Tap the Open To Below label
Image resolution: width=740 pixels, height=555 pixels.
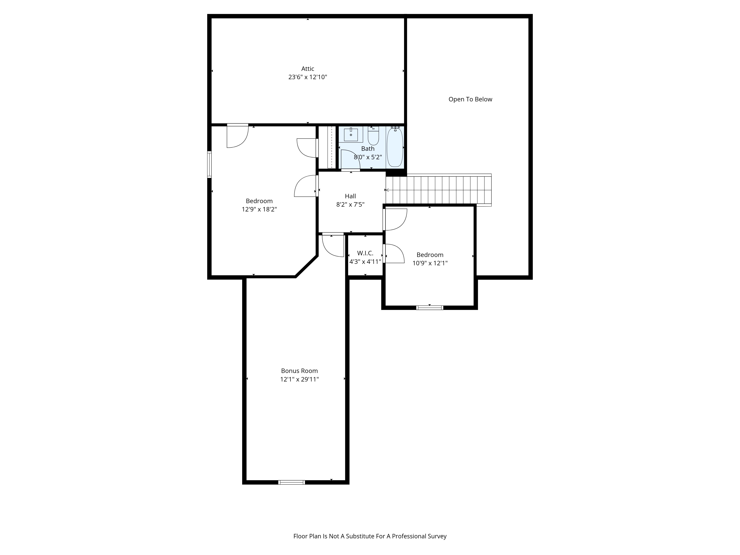pos(470,99)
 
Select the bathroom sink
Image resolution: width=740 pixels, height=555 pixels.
pos(351,134)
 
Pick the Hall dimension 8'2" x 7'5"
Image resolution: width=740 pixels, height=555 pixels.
pos(350,204)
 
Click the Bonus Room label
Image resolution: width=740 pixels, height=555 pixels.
pos(299,371)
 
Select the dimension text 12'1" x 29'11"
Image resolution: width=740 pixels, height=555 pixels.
pos(299,379)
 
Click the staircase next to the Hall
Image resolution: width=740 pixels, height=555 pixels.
pos(438,190)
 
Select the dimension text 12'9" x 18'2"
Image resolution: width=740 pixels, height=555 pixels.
pos(259,209)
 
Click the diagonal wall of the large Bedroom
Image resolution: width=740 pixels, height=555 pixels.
pos(306,266)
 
